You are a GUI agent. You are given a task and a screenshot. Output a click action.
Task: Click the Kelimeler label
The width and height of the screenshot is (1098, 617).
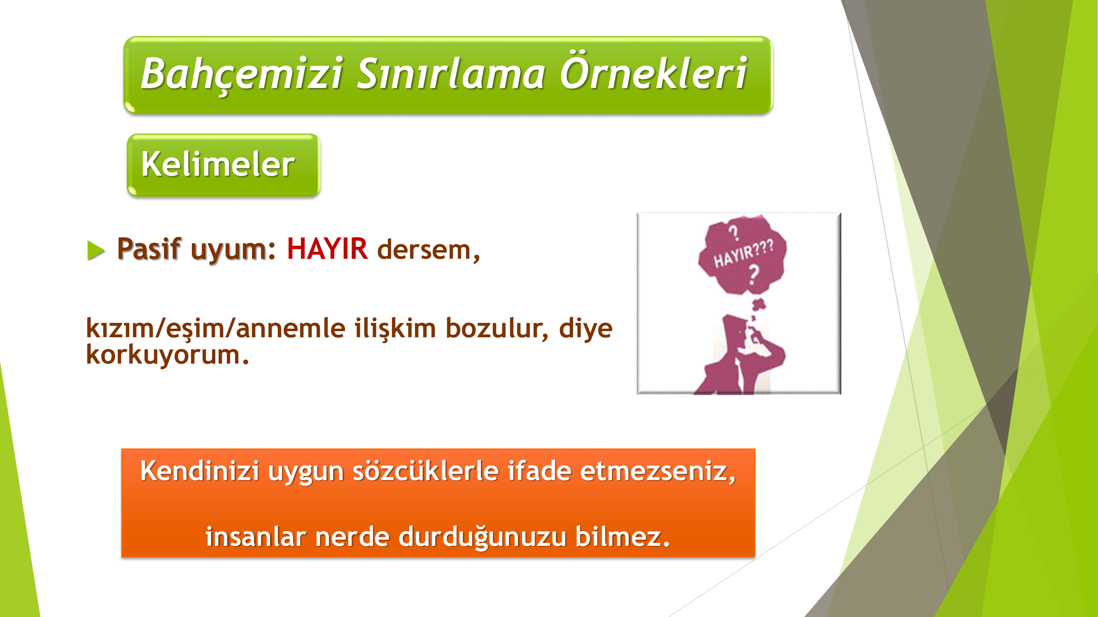pos(218,164)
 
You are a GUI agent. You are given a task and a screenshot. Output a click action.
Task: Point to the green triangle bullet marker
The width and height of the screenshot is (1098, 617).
pos(96,250)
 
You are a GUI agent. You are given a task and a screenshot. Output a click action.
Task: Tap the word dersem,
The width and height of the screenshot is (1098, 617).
pos(429,250)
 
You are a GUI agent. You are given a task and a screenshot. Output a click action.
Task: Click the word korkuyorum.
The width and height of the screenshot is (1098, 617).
pos(168,354)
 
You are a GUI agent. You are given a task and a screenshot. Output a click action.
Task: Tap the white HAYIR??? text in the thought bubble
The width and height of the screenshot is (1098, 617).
pos(744,253)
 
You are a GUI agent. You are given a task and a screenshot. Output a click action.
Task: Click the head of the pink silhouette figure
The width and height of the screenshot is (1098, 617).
pos(737,332)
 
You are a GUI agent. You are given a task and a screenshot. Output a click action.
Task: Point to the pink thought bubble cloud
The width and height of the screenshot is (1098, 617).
pos(743,254)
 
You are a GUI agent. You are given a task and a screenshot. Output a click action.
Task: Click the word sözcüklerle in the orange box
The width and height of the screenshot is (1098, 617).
pos(425,471)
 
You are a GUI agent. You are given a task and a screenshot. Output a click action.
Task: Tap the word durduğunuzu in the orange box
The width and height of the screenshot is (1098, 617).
pos(483,537)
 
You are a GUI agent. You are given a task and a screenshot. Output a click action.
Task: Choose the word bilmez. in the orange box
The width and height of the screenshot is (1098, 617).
pos(622,536)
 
